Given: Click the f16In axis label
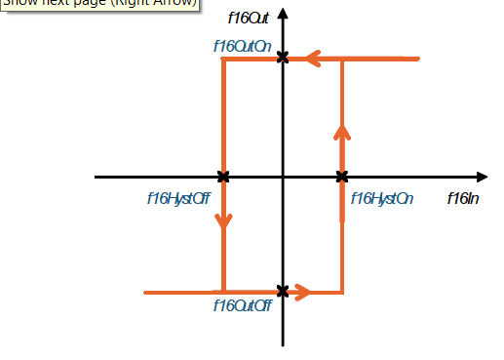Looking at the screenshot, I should pyautogui.click(x=463, y=199).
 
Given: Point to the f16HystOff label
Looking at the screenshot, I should pyautogui.click(x=178, y=199).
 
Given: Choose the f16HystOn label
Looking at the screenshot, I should pyautogui.click(x=382, y=199).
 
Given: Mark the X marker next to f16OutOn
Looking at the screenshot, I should pyautogui.click(x=283, y=59).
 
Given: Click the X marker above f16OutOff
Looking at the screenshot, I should pyautogui.click(x=283, y=291).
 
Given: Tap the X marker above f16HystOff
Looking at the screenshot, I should pyautogui.click(x=224, y=177).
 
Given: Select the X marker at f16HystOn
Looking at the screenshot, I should pyautogui.click(x=342, y=177).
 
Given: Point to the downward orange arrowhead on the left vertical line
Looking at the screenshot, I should pyautogui.click(x=224, y=221).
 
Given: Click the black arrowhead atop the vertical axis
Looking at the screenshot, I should pyautogui.click(x=283, y=14).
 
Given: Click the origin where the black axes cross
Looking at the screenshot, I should pyautogui.click(x=283, y=177).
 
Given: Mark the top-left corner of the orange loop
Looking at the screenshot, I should pyautogui.click(x=224, y=60).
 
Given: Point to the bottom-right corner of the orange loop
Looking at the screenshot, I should pyautogui.click(x=342, y=291).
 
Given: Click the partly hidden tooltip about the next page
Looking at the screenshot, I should pyautogui.click(x=97, y=5).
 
